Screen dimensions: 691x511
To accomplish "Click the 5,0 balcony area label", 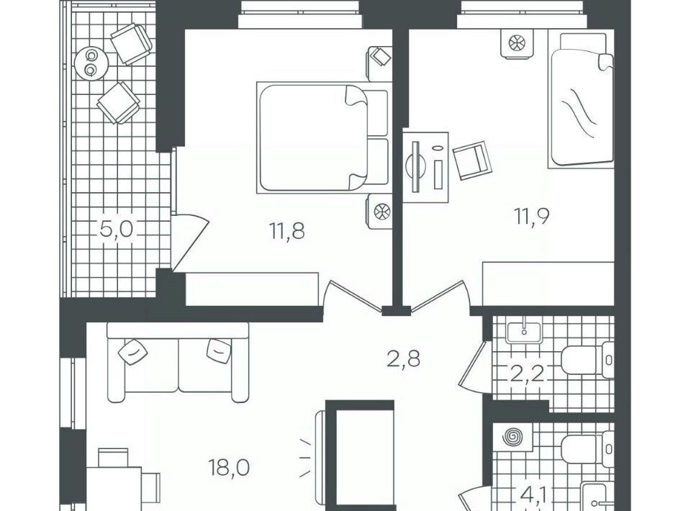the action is [x=117, y=230].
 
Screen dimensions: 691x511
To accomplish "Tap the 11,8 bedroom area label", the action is [x=287, y=231].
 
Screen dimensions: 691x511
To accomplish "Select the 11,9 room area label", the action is [x=532, y=217].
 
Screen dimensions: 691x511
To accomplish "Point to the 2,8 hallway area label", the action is [x=403, y=359].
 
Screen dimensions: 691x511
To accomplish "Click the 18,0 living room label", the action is [x=230, y=467].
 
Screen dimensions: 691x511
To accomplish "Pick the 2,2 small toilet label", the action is [x=527, y=376].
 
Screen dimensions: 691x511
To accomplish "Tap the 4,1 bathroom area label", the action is [x=533, y=496].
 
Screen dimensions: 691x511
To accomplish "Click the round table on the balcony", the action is [x=91, y=63].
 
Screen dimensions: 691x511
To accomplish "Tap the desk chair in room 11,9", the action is [x=471, y=160].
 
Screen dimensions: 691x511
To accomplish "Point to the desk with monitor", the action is [x=425, y=167].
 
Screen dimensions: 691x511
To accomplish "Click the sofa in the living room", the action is [x=178, y=362].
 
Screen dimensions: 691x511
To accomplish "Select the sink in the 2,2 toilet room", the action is [x=523, y=333].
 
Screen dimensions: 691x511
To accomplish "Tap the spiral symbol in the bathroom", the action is [x=513, y=438].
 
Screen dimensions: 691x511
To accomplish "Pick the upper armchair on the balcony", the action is [x=131, y=44].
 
